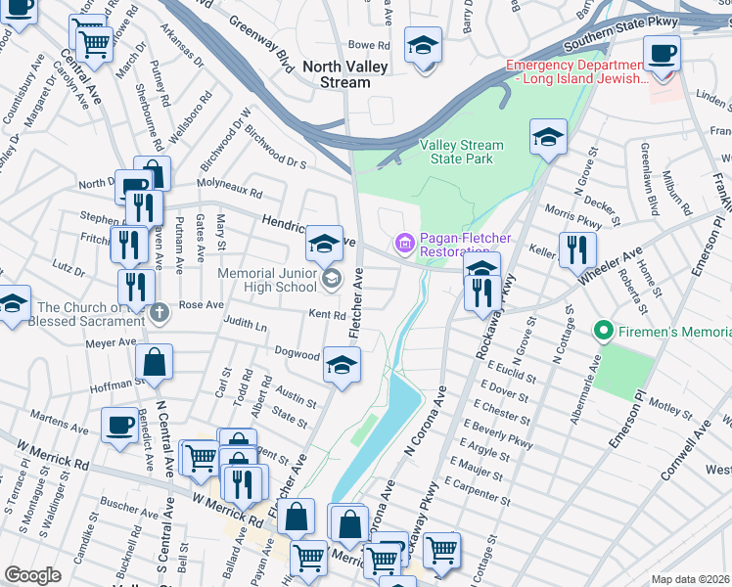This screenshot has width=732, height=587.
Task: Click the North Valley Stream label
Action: pyautogui.click(x=345, y=74)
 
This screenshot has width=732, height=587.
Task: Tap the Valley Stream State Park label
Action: pyautogui.click(x=462, y=152)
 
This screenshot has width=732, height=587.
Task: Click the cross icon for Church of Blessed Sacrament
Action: pyautogui.click(x=160, y=312)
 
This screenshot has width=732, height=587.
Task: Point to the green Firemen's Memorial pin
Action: pyautogui.click(x=605, y=334)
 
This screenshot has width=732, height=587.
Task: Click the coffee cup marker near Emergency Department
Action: pyautogui.click(x=662, y=53)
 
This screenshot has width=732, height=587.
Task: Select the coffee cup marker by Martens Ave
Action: pyautogui.click(x=120, y=426)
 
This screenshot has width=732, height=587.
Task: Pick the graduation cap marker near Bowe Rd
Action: pyautogui.click(x=423, y=46)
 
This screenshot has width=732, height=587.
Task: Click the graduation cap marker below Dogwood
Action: pyautogui.click(x=341, y=367)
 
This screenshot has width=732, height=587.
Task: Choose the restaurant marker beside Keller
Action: pyautogui.click(x=576, y=250)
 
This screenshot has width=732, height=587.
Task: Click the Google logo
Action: pyautogui.click(x=32, y=575)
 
